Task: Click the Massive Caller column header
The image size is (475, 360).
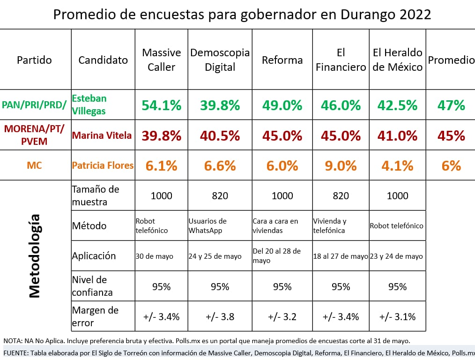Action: click(x=161, y=60)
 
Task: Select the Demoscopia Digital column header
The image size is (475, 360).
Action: click(x=220, y=60)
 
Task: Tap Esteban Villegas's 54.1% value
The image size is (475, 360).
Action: click(x=161, y=105)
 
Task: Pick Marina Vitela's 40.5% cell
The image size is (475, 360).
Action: click(x=220, y=135)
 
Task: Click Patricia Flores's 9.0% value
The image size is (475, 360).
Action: click(x=341, y=165)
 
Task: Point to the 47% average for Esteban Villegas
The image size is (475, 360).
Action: click(x=451, y=105)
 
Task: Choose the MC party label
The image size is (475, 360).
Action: click(x=34, y=165)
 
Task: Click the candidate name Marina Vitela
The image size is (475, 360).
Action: click(x=102, y=135)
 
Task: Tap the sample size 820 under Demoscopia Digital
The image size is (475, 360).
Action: click(x=220, y=195)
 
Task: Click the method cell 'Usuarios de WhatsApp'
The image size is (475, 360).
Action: click(x=208, y=225)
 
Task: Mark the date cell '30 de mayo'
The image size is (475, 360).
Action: click(x=154, y=256)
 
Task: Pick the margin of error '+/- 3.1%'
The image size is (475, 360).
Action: click(x=397, y=316)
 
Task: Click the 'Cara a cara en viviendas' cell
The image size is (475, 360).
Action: click(x=275, y=225)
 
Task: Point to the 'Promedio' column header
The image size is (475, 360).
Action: click(x=451, y=60)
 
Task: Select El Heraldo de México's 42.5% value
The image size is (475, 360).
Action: click(x=397, y=105)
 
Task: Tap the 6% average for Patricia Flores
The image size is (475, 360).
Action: click(x=451, y=165)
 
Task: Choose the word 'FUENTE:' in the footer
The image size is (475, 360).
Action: click(x=17, y=352)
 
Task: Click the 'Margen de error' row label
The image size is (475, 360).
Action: click(x=95, y=316)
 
